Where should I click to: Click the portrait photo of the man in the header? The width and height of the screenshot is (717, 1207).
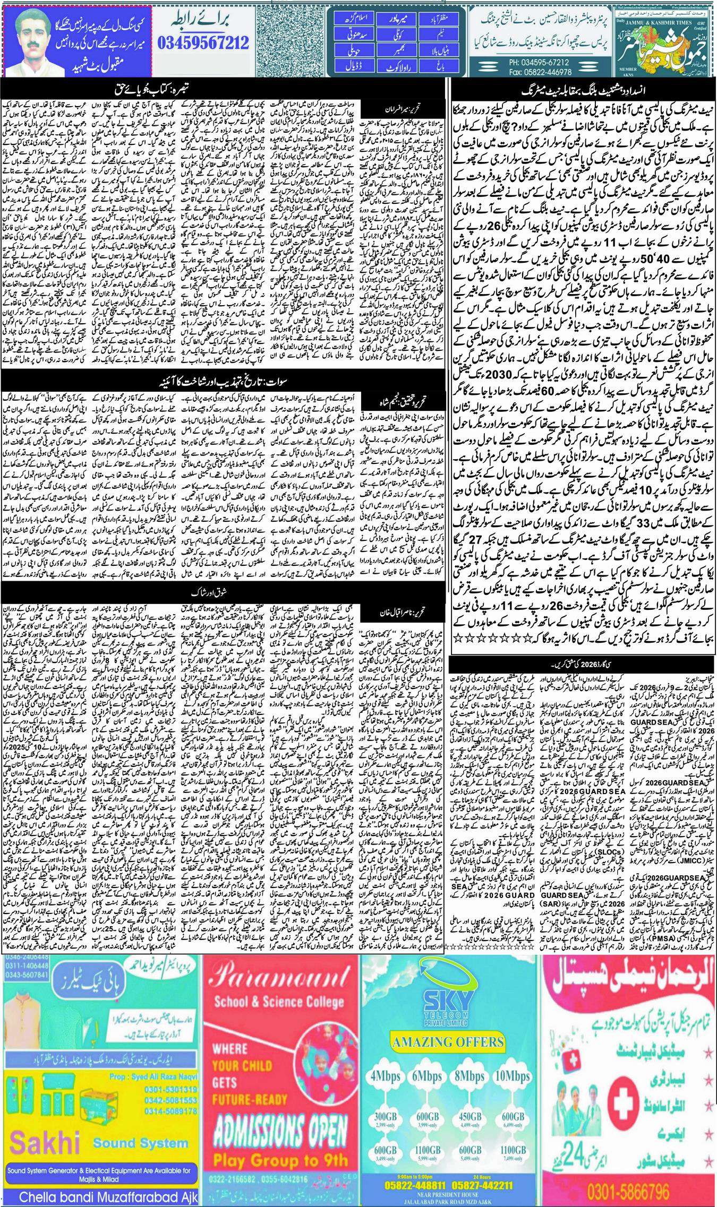(28, 39)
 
